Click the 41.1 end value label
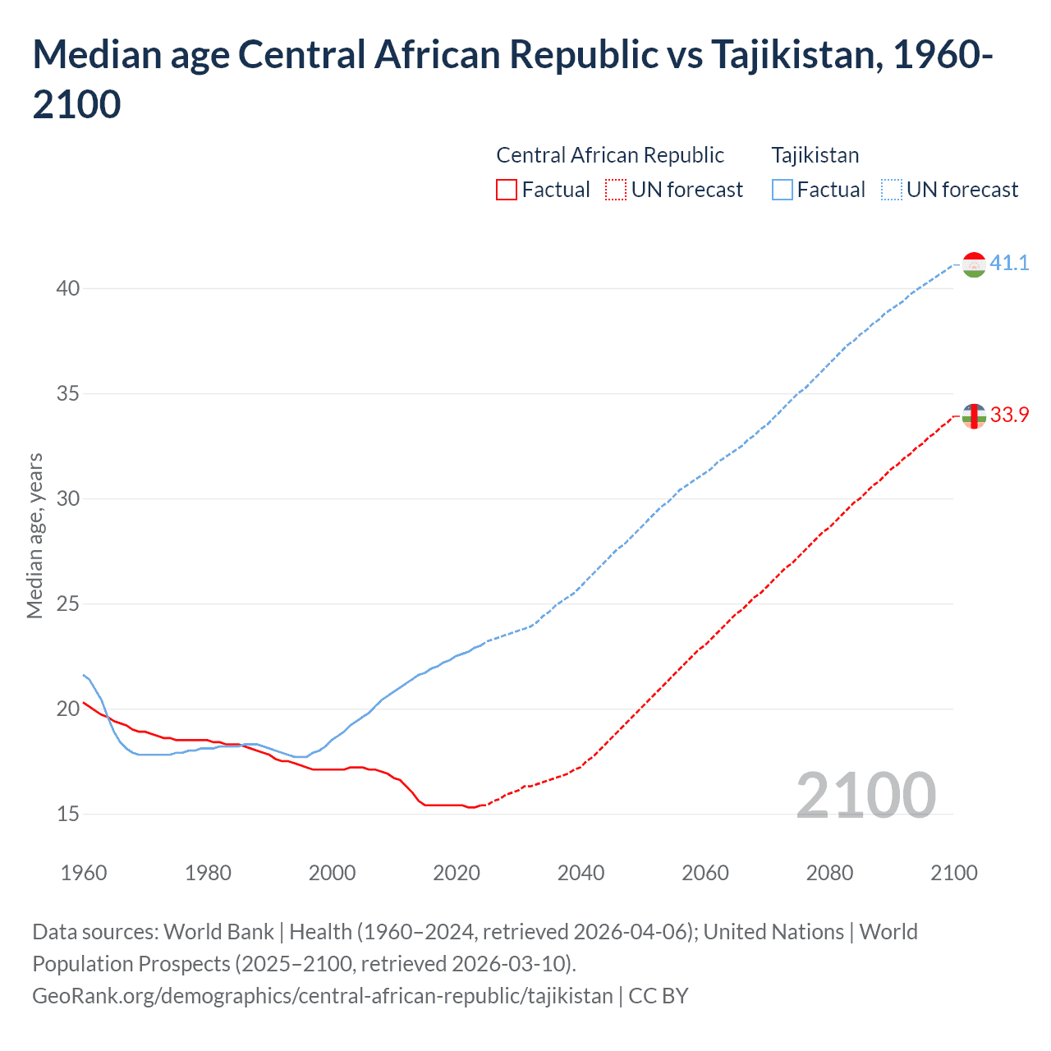[x=1008, y=263]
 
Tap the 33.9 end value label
[x=1008, y=415]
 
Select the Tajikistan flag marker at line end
[x=974, y=264]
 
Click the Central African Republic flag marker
[x=974, y=416]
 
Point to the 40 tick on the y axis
[x=68, y=288]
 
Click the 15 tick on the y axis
[x=68, y=814]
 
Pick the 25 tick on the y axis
[x=68, y=604]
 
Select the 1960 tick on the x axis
[x=84, y=873]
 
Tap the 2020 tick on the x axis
[x=457, y=873]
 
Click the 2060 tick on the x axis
[x=705, y=873]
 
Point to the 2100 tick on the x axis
[x=953, y=873]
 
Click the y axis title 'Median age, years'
[x=34, y=535]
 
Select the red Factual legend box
[x=507, y=190]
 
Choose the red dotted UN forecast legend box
[x=616, y=190]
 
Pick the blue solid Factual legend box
[x=783, y=190]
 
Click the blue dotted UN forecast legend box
[x=891, y=190]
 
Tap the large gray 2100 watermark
[x=866, y=795]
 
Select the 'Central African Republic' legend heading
[x=610, y=155]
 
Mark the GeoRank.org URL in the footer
[x=323, y=995]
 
